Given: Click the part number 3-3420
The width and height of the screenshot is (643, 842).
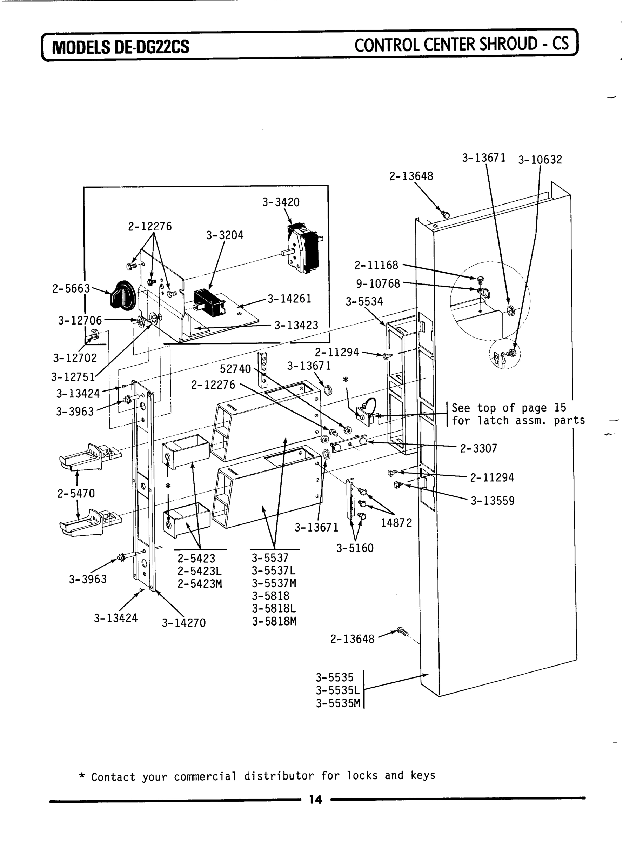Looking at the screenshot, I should click(281, 202).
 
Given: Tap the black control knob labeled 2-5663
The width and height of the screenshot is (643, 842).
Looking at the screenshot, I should click(122, 295).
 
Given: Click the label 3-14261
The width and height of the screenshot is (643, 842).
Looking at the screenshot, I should click(289, 299).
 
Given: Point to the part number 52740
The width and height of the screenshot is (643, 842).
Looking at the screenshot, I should click(235, 369).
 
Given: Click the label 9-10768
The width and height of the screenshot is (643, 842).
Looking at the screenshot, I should click(378, 283).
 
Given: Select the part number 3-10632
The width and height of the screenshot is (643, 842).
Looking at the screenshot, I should click(540, 160).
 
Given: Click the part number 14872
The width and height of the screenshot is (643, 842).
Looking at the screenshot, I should click(396, 523).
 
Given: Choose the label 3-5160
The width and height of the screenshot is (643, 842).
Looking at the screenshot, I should click(355, 548).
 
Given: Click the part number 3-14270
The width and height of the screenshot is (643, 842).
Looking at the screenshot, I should click(184, 623).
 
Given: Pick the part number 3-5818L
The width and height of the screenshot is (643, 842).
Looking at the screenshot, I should click(274, 609).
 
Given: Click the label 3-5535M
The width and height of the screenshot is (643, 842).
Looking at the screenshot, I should click(338, 703).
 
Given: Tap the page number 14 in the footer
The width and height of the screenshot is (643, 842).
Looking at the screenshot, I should click(315, 800).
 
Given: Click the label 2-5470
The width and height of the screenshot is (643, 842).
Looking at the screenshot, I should click(76, 494).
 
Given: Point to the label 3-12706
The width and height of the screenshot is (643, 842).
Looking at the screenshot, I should click(80, 320).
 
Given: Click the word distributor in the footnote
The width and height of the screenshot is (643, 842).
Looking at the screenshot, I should click(279, 776).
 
